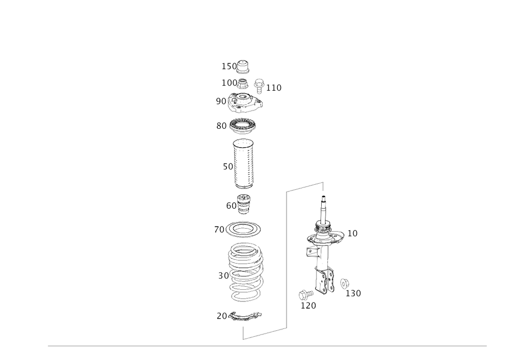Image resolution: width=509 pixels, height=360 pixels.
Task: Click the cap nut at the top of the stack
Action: pyautogui.click(x=244, y=66)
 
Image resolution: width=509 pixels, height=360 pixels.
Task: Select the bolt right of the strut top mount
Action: pyautogui.click(x=259, y=83)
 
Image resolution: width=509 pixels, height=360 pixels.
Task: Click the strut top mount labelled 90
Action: pyautogui.click(x=245, y=102)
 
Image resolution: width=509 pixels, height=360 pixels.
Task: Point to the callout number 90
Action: pyautogui.click(x=220, y=102)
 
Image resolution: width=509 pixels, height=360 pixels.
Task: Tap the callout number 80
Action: pyautogui.click(x=221, y=125)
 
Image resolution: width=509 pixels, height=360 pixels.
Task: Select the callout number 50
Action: pyautogui.click(x=227, y=166)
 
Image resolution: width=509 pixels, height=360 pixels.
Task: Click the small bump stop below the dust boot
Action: pyautogui.click(x=244, y=204)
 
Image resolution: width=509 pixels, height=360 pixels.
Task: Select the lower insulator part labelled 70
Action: pyautogui.click(x=246, y=317)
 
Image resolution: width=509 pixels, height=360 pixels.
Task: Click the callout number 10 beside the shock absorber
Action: pyautogui.click(x=352, y=233)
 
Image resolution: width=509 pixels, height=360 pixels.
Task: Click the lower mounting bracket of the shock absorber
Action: pyautogui.click(x=324, y=283)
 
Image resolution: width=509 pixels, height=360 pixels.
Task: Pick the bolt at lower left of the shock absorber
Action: pyautogui.click(x=304, y=294)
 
